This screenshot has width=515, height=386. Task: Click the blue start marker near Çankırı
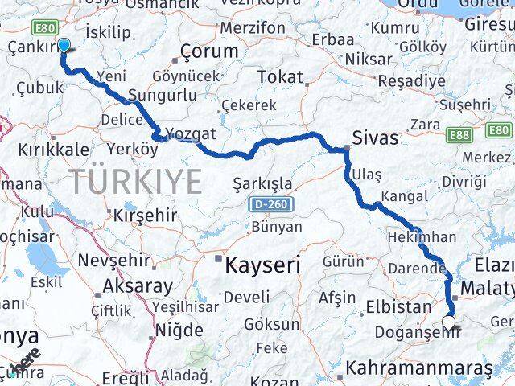tap(64, 46)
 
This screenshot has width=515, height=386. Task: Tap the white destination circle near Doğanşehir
tap(449, 323)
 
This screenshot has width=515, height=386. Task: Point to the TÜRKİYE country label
tap(135, 182)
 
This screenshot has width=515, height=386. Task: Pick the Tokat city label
tap(280, 77)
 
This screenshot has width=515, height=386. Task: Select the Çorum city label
tap(210, 51)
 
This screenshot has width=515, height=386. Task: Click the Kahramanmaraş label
tap(418, 368)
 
